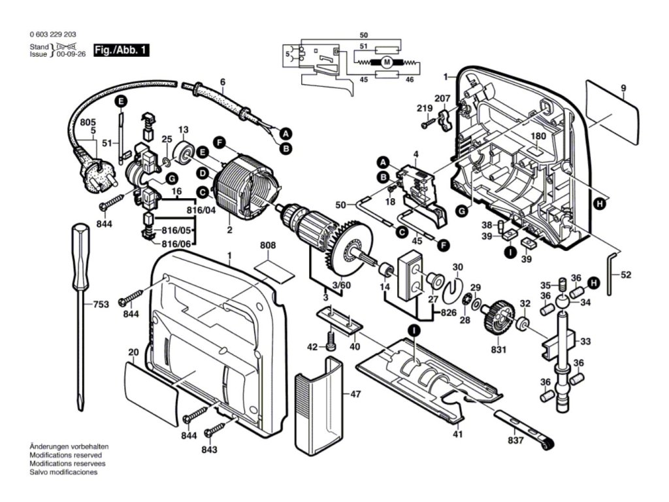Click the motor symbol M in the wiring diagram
click(x=386, y=63)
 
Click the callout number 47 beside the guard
click(x=355, y=394)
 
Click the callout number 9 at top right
click(x=623, y=88)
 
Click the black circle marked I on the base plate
click(x=414, y=331)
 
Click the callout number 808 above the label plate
click(x=268, y=246)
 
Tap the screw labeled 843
click(x=214, y=432)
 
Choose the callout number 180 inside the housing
click(x=538, y=137)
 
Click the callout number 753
click(x=100, y=304)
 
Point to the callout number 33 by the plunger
click(x=585, y=341)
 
